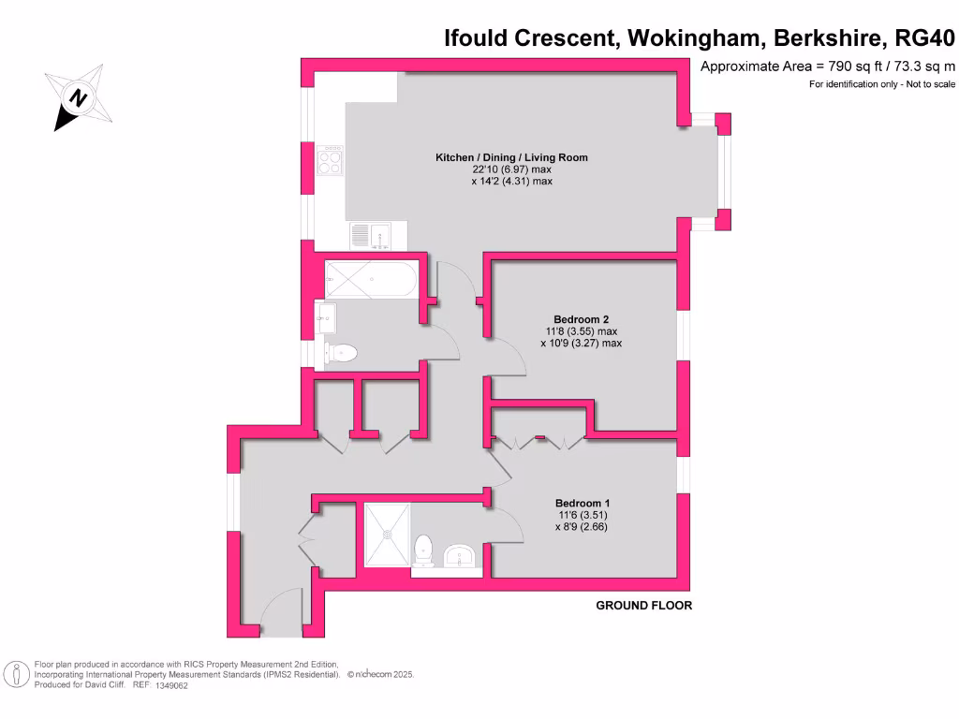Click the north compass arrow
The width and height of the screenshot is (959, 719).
click(80, 97)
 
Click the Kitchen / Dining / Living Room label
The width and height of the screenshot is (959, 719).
click(511, 157)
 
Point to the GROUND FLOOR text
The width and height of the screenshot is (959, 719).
click(644, 606)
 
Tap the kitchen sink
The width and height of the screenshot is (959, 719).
click(372, 235)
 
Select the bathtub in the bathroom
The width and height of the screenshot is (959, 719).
click(371, 279)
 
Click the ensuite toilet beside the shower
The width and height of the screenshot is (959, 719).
click(423, 550)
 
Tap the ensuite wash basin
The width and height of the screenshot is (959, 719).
click(460, 556)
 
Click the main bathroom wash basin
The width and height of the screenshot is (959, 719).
click(325, 318)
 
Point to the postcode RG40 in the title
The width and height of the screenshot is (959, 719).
click(925, 38)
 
